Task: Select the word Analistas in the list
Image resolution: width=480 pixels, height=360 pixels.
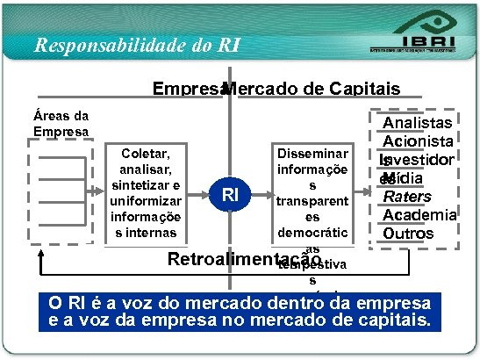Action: pos(418,124)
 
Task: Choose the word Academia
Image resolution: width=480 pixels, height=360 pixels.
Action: pos(419,215)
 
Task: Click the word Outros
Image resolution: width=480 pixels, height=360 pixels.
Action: pos(408,234)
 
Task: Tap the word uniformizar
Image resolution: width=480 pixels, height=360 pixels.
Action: pos(147,200)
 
